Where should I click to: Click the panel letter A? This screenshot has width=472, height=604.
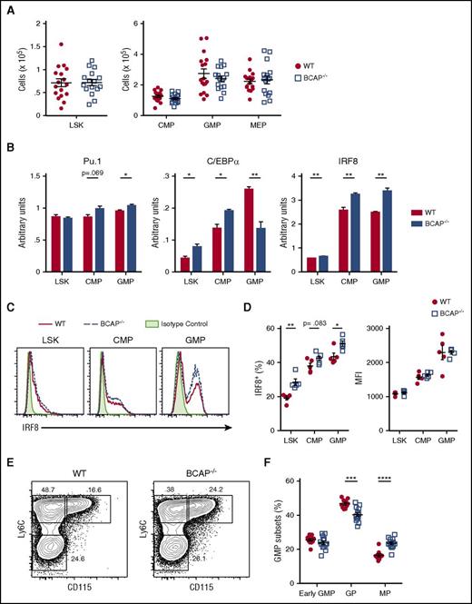coord(8,8)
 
